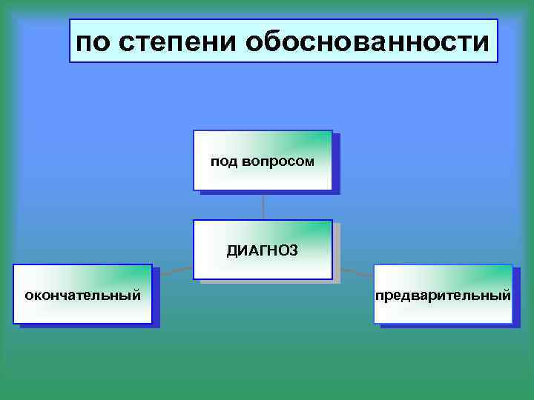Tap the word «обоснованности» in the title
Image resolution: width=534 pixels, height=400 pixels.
click(x=365, y=41)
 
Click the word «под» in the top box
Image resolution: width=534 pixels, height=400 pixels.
click(x=224, y=161)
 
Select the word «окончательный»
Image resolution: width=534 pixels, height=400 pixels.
click(x=82, y=296)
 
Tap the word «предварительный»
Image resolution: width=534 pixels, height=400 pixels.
click(x=443, y=296)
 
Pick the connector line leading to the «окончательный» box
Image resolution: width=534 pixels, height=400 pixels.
click(x=176, y=272)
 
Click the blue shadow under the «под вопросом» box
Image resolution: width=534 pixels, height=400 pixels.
click(x=267, y=192)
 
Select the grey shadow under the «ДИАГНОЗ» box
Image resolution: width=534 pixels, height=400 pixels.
click(x=267, y=281)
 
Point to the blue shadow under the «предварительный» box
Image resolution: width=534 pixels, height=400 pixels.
click(x=448, y=326)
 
